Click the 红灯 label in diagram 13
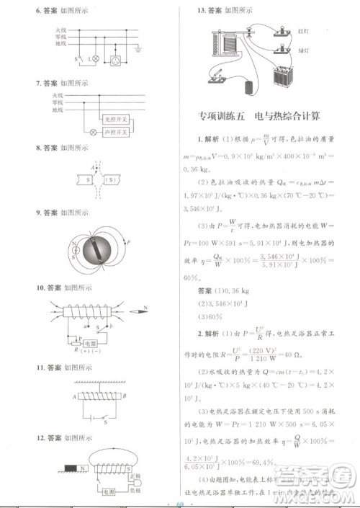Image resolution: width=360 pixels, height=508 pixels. tap(302, 30)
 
